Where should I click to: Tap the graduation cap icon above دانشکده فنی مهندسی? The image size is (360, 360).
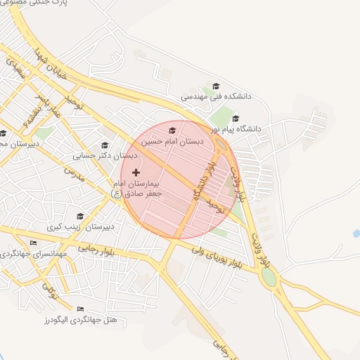pos(215,84)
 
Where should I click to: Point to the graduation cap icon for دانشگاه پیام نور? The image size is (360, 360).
pos(236,118)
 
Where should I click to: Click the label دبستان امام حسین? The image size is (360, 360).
pos(173,141)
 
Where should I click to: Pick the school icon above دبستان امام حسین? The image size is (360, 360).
pos(173,130)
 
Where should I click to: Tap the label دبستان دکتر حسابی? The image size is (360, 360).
pos(104,156)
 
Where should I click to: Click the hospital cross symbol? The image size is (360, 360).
pos(136,172)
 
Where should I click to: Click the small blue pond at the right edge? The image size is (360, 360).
pos(356,233)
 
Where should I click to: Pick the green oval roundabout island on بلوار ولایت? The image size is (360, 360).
pos(269,277)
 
